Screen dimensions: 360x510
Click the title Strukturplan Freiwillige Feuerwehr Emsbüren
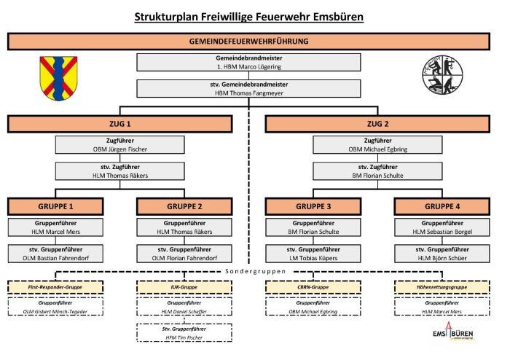pyautogui.click(x=249, y=16)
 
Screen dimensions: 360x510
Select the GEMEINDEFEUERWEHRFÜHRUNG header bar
pyautogui.click(x=248, y=42)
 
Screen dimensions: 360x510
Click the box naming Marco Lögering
pyautogui.click(x=248, y=62)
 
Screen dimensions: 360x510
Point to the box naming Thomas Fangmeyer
pyautogui.click(x=248, y=88)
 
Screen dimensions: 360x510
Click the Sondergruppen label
pyautogui.click(x=248, y=271)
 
